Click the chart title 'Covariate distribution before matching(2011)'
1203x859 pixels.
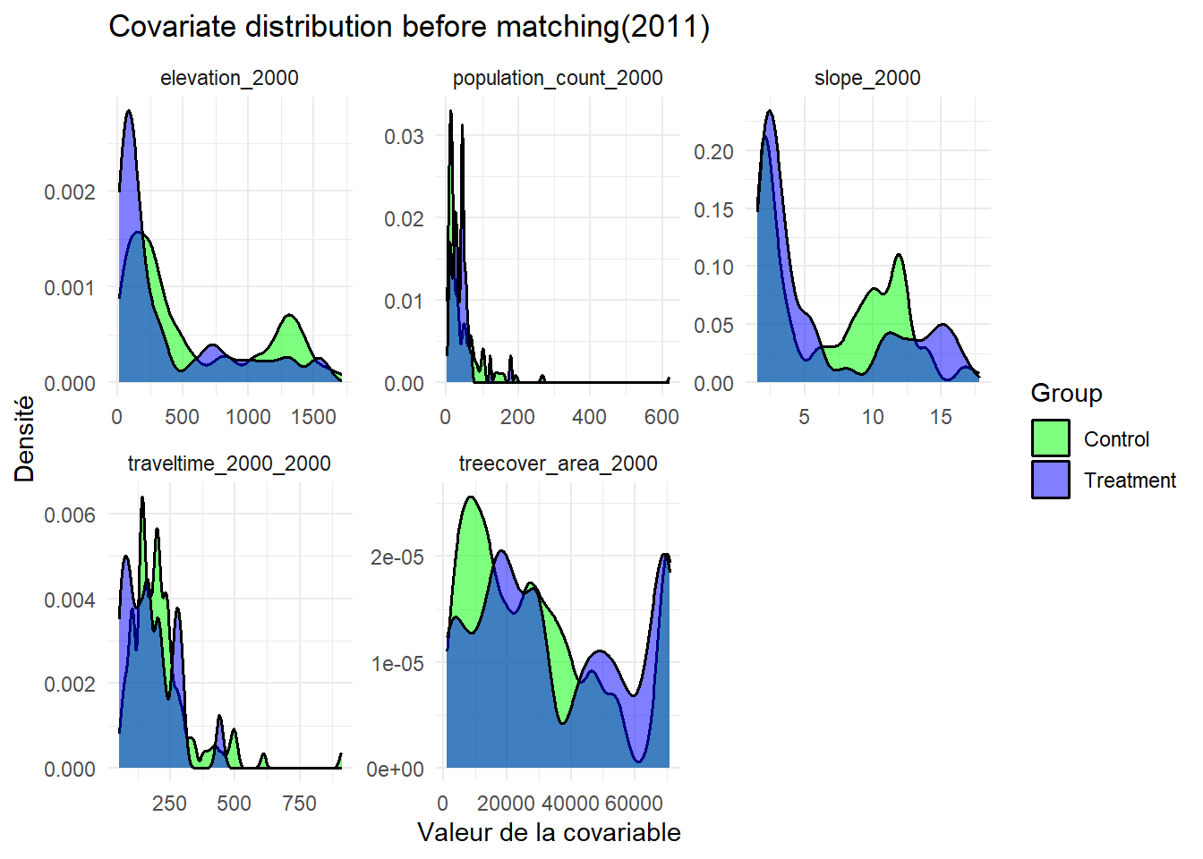coord(409,27)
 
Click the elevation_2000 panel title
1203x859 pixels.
coord(229,79)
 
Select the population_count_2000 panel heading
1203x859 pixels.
coord(558,79)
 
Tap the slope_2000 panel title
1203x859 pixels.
coord(867,79)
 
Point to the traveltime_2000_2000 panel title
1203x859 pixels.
coord(229,464)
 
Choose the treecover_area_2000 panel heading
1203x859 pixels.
coord(558,464)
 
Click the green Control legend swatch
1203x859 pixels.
coord(1050,438)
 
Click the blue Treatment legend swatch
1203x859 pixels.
coord(1050,480)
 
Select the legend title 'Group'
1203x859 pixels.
coord(1066,394)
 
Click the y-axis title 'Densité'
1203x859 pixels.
coord(25,439)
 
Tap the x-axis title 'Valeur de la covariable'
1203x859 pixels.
coord(549,833)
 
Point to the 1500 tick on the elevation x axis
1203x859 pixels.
coord(312,417)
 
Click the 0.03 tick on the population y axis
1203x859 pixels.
coord(404,137)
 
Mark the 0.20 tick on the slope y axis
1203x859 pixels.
coord(713,152)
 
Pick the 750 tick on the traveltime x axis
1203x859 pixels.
coord(299,804)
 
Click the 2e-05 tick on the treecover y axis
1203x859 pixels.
coord(397,557)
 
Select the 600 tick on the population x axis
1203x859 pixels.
coord(661,417)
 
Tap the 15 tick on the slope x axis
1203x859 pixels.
coord(941,417)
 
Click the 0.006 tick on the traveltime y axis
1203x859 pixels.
coord(70,515)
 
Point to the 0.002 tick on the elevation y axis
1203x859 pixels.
coord(70,192)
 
